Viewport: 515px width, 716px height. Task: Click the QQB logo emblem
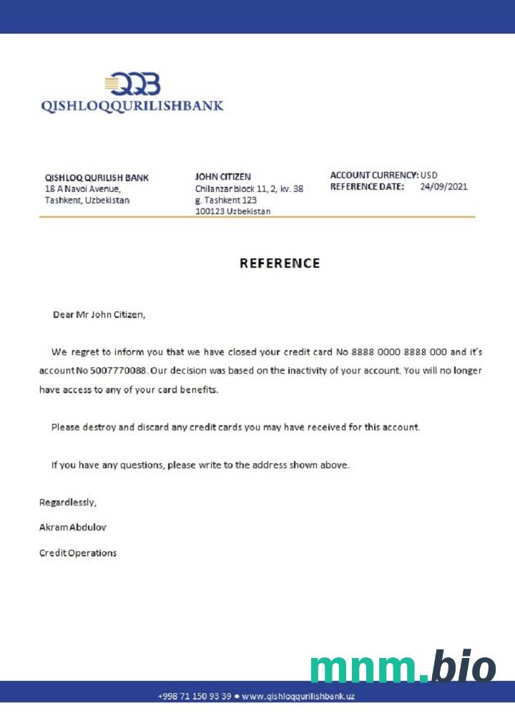coord(133,84)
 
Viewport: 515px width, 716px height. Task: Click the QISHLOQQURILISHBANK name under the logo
coord(132,106)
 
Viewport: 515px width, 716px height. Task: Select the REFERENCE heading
coord(280,263)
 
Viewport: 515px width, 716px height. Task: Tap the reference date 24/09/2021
coord(443,187)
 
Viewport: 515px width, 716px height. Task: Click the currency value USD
coord(429,175)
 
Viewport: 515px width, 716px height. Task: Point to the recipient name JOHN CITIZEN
coord(222,176)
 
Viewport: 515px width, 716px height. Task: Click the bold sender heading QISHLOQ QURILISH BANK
coord(97,177)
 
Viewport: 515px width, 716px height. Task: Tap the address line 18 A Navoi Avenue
coord(82,189)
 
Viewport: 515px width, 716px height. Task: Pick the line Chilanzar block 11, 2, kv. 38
coord(249,189)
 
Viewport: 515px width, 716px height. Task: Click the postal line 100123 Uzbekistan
coord(232,212)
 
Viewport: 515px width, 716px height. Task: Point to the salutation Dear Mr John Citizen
coord(99,314)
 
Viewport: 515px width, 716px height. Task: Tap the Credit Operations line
coord(77,553)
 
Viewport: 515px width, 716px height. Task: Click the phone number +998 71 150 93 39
coord(194,696)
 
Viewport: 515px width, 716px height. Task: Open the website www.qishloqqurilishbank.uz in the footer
coord(298,696)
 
